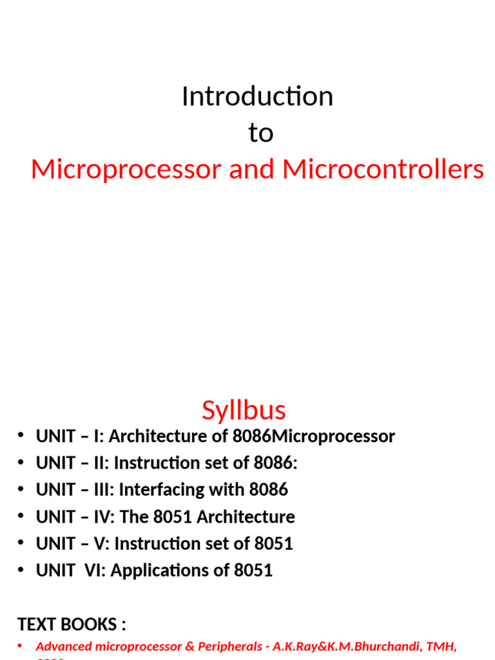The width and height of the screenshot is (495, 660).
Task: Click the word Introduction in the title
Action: coord(257,97)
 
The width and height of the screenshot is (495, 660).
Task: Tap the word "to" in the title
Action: coord(260,133)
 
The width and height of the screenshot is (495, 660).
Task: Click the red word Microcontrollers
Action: coord(383,170)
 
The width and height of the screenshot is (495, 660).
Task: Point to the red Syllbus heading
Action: coord(244,410)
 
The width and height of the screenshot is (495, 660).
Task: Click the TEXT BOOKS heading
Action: coord(72,625)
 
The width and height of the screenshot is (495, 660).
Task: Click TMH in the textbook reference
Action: coord(440,646)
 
